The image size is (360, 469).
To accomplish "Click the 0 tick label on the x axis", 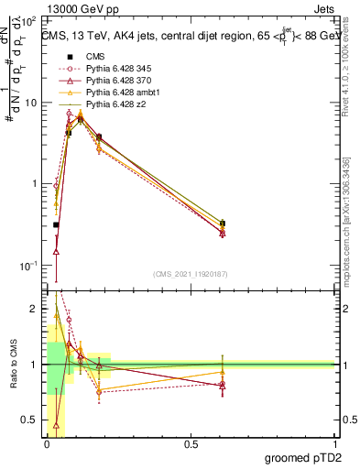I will pyautogui.click(x=46, y=444).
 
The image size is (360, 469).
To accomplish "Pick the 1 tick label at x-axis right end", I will pyautogui.click(x=333, y=444).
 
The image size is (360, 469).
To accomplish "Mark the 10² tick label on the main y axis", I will pyautogui.click(x=30, y=20).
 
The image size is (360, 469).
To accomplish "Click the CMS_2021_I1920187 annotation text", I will pyautogui.click(x=191, y=274).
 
